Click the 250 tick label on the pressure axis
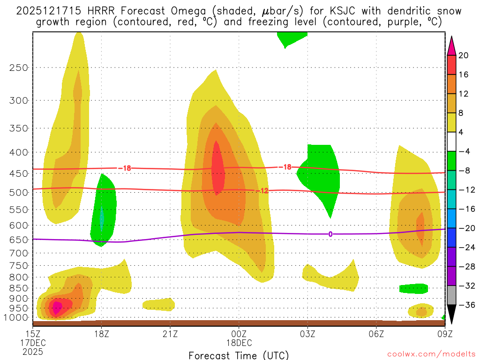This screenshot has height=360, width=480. point(19,67)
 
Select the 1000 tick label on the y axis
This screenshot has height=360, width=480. point(17,317)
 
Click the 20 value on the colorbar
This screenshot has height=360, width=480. point(464,55)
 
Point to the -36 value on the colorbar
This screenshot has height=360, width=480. point(464,305)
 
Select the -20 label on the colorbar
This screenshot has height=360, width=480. point(464,228)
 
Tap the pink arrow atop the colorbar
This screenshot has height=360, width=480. point(451,45)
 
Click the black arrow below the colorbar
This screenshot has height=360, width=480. point(451,315)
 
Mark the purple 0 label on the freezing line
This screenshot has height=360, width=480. point(330,234)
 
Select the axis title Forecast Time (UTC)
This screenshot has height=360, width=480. point(239,355)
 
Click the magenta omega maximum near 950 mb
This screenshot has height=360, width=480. point(57,307)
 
